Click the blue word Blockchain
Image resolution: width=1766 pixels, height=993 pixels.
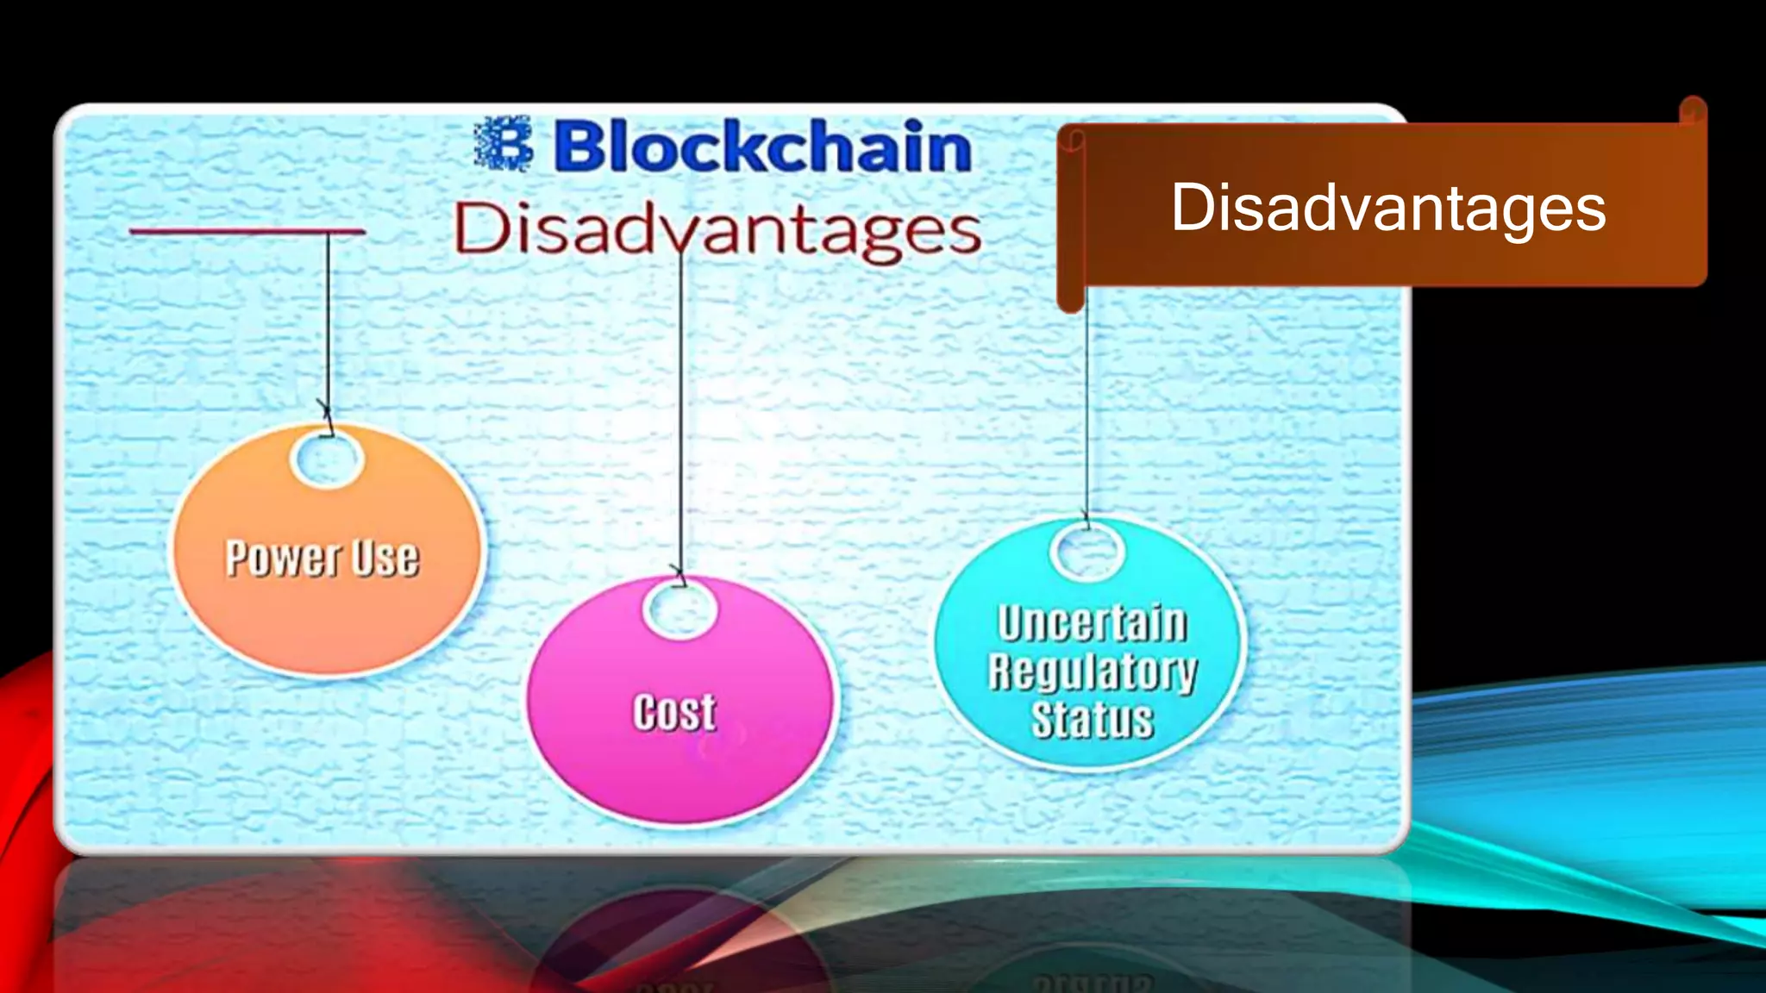762,147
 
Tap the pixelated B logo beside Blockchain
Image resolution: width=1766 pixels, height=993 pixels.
504,144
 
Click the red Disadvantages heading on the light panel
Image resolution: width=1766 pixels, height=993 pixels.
717,229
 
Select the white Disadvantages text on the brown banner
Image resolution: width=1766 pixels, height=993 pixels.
1387,208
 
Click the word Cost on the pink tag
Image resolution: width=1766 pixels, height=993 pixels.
674,713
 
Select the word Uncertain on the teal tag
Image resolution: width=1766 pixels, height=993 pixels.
1093,623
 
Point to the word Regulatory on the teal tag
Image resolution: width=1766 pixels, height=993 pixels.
1093,671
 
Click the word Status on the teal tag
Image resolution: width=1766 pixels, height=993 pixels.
1093,720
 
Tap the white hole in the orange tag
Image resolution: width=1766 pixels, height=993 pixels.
327,459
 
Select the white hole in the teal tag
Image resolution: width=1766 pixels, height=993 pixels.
1087,552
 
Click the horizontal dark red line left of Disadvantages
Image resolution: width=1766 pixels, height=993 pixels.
247,231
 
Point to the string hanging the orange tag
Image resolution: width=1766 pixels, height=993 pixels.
328,328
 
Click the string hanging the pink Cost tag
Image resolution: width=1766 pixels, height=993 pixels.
680,414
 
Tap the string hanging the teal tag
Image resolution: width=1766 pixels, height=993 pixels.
1087,405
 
